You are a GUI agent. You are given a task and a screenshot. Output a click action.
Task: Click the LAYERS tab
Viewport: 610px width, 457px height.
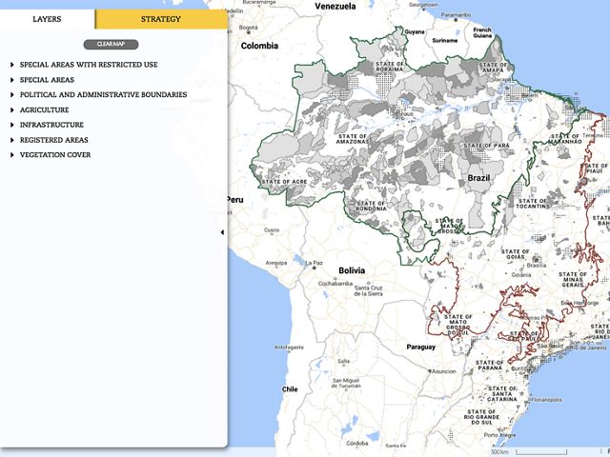click(x=48, y=19)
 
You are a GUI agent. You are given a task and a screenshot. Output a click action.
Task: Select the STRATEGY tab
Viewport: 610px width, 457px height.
click(x=161, y=19)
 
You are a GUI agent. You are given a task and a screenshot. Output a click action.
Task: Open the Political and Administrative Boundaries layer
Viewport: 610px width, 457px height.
click(x=103, y=95)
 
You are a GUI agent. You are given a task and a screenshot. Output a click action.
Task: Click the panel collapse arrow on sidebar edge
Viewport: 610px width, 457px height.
click(x=222, y=231)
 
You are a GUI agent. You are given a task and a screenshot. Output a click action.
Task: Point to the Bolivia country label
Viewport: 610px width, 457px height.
click(x=351, y=244)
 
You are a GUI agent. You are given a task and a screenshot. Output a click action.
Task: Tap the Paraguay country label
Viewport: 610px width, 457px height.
click(x=420, y=347)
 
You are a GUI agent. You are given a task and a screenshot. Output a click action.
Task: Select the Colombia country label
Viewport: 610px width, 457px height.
click(x=259, y=46)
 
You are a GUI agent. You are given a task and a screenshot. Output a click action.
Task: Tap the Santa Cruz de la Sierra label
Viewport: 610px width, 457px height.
click(x=368, y=290)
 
